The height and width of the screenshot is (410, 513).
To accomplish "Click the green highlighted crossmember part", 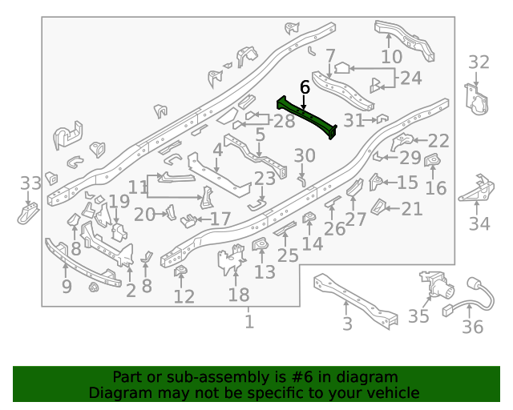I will click(x=307, y=116).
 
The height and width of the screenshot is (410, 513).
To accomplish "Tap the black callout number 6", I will click(x=305, y=86).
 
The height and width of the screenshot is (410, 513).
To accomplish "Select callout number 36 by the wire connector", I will click(x=473, y=327).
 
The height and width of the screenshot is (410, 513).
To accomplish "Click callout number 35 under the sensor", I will click(x=418, y=316).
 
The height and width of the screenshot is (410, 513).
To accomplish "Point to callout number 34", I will click(x=479, y=223).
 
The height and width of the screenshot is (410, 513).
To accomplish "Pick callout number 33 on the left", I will click(x=30, y=183).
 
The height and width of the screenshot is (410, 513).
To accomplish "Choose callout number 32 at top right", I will click(x=479, y=62).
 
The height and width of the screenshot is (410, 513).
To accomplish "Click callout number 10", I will click(x=392, y=58).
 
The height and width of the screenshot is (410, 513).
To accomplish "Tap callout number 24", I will click(x=410, y=78).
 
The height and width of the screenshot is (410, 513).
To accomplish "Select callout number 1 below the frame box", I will click(x=249, y=322).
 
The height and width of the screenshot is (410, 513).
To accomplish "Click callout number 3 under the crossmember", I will click(x=347, y=324).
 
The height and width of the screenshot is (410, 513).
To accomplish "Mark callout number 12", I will click(x=184, y=297).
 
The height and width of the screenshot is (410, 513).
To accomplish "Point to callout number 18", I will click(x=239, y=295).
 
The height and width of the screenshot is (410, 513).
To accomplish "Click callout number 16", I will click(x=435, y=188).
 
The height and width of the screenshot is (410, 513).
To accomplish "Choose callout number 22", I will click(x=438, y=141).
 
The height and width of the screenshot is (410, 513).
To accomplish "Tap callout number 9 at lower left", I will click(x=67, y=286).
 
